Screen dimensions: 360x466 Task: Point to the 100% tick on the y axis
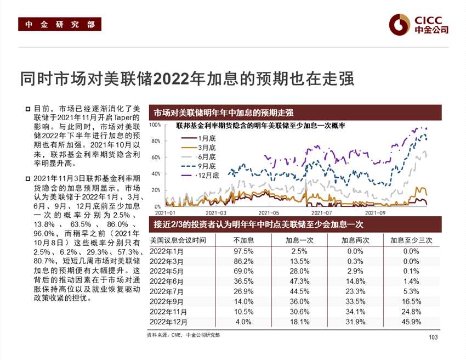pyautogui.click(x=155, y=125)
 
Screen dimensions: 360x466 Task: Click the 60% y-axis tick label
pyautogui.click(x=155, y=157)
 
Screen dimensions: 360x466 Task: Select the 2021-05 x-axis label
pyautogui.click(x=269, y=212)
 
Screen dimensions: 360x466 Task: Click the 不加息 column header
pyautogui.click(x=243, y=240)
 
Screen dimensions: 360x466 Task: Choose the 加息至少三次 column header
pyautogui.click(x=411, y=240)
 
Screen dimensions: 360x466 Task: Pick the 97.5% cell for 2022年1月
pyautogui.click(x=243, y=250)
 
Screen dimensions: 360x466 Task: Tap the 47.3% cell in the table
pyautogui.click(x=299, y=281)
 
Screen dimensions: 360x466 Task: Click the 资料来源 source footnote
pyautogui.click(x=183, y=335)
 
